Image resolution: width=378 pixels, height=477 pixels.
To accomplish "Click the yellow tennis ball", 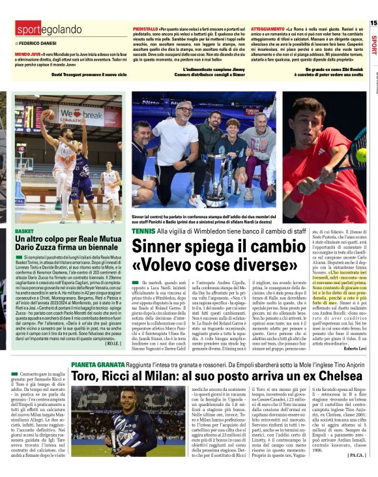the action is [360, 154].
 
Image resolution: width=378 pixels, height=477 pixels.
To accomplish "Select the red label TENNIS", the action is [143, 231].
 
